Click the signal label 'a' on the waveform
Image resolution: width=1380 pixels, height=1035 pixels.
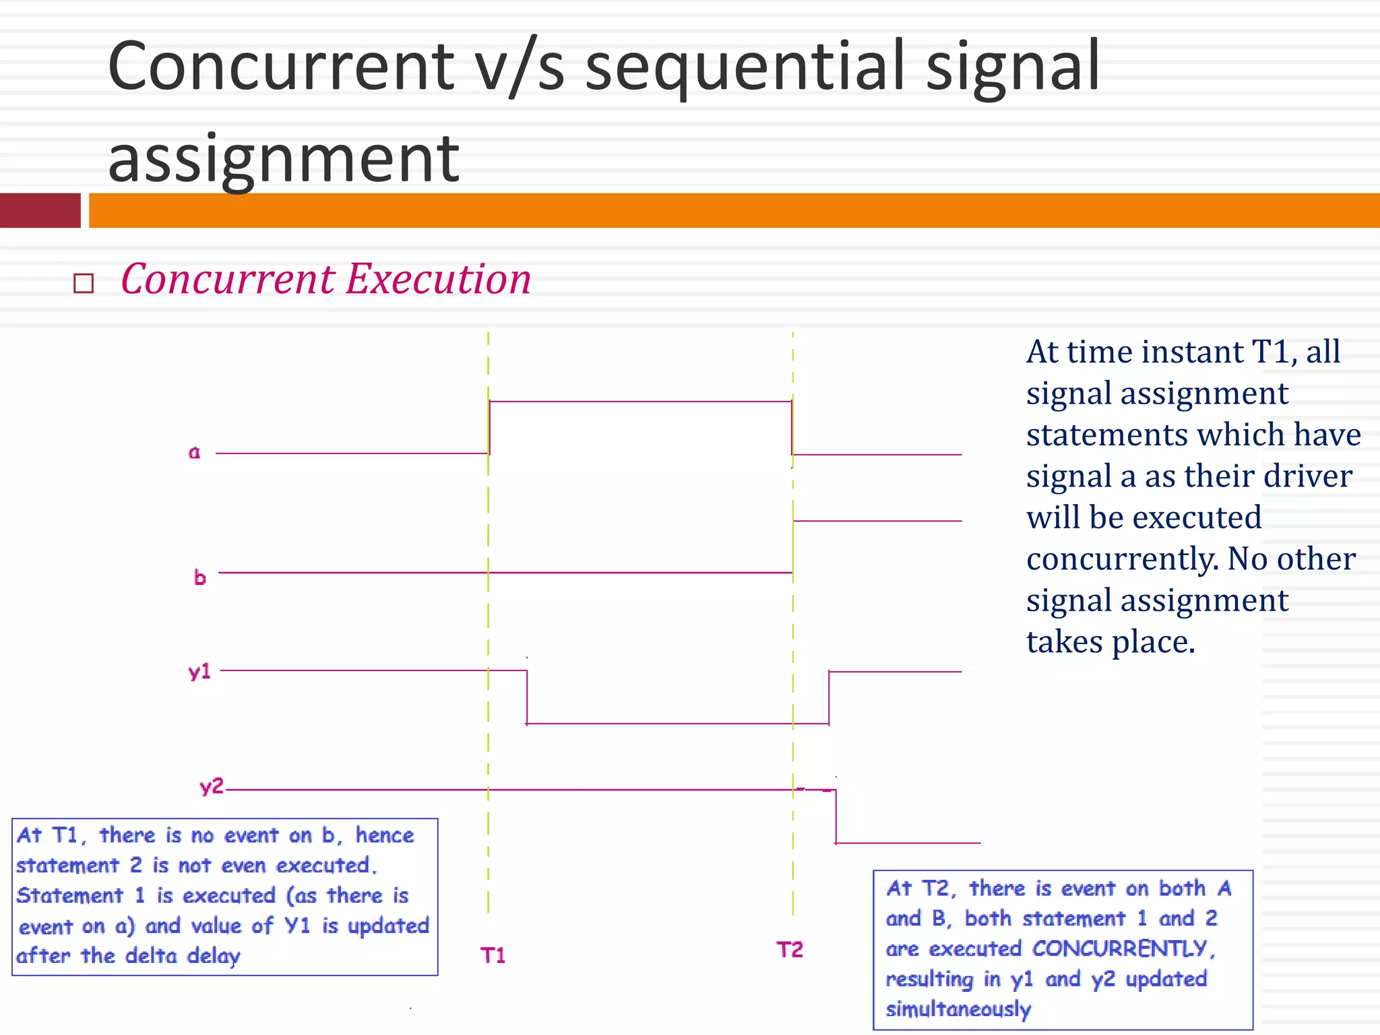click(x=194, y=452)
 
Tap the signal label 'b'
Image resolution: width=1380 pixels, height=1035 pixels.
click(x=199, y=577)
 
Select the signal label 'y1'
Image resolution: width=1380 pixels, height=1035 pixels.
click(x=199, y=671)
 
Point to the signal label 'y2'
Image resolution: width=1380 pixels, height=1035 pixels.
click(x=211, y=786)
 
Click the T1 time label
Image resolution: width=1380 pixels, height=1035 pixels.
click(x=493, y=955)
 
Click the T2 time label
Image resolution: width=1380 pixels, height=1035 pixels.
click(x=790, y=949)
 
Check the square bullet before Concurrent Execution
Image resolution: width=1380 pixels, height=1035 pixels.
click(x=84, y=283)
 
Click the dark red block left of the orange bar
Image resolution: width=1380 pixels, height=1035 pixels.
click(x=40, y=210)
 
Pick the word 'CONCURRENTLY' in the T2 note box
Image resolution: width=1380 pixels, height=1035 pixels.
click(x=1119, y=949)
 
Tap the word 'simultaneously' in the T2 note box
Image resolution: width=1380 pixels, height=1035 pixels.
click(x=958, y=1009)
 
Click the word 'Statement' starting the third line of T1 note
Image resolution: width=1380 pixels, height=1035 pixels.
click(x=70, y=896)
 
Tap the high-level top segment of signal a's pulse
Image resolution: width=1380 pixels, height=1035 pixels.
click(x=640, y=402)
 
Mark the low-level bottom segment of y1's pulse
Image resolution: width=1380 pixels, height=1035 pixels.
click(x=677, y=724)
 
